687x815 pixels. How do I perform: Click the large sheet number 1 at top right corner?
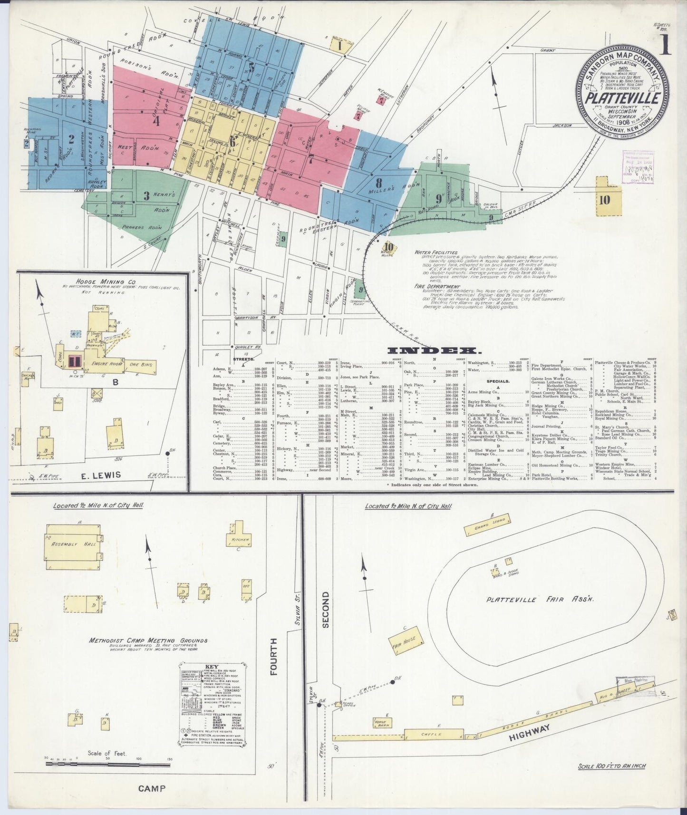pyautogui.click(x=665, y=46)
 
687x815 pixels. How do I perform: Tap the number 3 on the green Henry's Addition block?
pyautogui.click(x=146, y=195)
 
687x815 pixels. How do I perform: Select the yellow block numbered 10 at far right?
pyautogui.click(x=604, y=200)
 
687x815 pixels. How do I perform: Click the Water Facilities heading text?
pyautogui.click(x=435, y=252)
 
